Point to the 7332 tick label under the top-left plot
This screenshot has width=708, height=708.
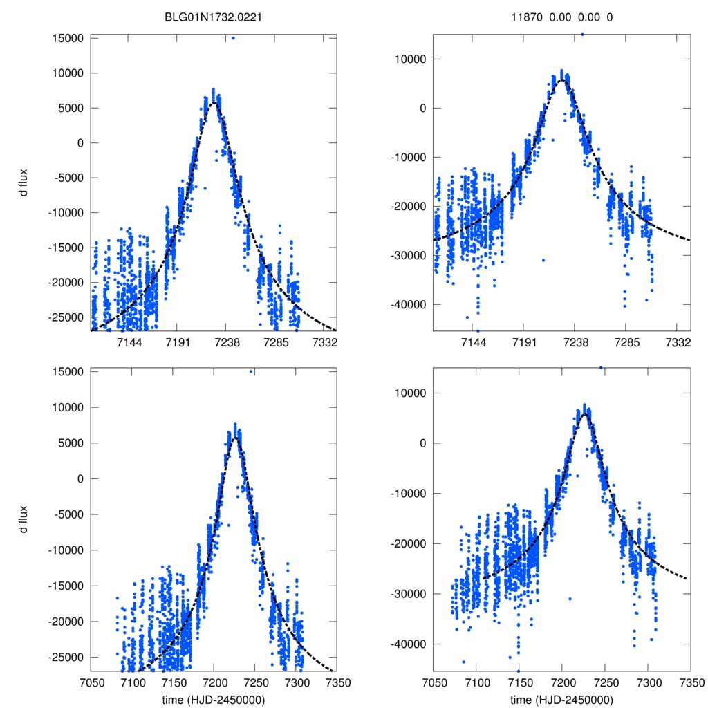pyautogui.click(x=325, y=342)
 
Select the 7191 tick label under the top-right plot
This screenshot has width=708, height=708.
pyautogui.click(x=525, y=342)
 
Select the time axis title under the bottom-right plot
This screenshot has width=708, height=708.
pyautogui.click(x=561, y=699)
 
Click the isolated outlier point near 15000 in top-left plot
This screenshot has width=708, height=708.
pyautogui.click(x=233, y=38)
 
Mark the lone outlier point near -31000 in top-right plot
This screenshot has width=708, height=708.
pyautogui.click(x=543, y=260)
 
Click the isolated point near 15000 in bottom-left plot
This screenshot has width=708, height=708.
pyautogui.click(x=251, y=372)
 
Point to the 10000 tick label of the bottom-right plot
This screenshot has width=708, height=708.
pyautogui.click(x=412, y=393)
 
